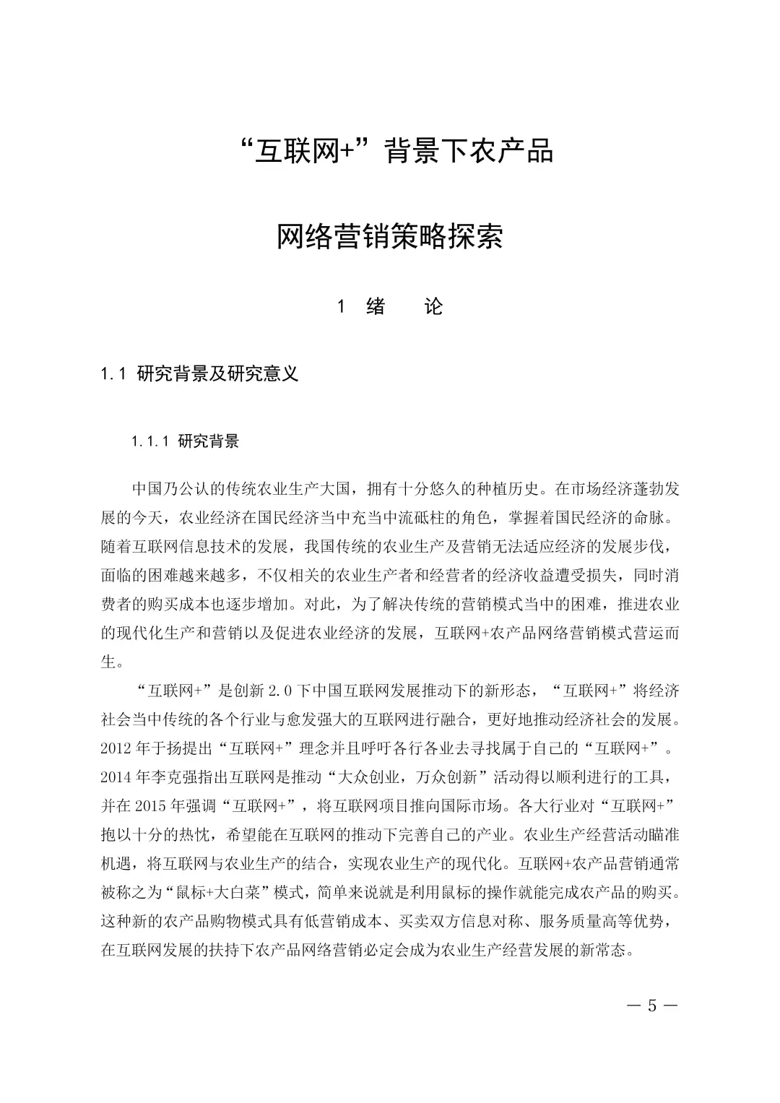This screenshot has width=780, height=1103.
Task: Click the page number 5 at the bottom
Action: point(652,1005)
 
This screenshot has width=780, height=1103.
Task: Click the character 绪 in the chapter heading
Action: point(376,307)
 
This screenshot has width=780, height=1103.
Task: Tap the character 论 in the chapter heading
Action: point(433,307)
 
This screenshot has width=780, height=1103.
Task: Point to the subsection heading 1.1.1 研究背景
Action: point(186,441)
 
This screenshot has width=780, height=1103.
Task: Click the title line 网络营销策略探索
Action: point(390,237)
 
